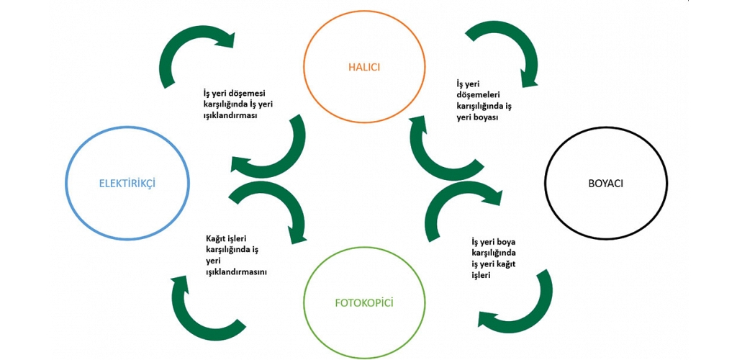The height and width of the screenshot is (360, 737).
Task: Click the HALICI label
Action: point(363,67)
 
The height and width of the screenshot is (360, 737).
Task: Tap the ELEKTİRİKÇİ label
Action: point(127,183)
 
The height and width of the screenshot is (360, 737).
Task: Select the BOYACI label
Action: point(605,183)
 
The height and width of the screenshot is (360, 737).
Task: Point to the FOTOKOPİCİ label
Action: point(364,302)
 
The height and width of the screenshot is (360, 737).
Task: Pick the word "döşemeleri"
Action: point(479,94)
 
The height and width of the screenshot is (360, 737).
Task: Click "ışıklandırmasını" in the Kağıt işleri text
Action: point(237,272)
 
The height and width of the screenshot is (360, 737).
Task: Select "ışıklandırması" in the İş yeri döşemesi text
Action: point(231,115)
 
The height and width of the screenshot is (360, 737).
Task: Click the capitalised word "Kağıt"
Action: point(217,238)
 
